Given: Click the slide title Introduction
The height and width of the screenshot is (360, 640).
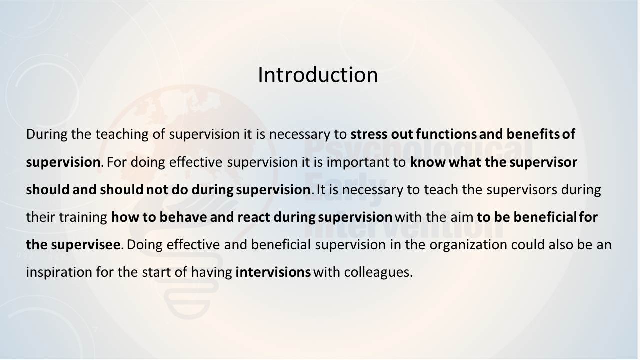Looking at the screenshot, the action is coord(318,75).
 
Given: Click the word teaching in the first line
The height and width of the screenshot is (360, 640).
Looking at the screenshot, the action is coord(122,134).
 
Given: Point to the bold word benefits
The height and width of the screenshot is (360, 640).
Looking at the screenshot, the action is coord(533,134).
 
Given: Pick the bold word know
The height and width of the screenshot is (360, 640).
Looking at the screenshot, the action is coord(427,162).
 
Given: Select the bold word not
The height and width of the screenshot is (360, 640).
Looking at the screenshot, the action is coord(157,190).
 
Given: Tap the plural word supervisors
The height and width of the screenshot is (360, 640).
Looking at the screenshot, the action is coord(521,190).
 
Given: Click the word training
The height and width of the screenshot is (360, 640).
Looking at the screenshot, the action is coord(83,217).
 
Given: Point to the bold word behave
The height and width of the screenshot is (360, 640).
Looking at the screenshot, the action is coord(183,217).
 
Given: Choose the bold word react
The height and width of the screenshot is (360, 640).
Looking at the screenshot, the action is coord(253,217).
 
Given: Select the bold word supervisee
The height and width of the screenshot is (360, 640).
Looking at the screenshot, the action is coord(85,245).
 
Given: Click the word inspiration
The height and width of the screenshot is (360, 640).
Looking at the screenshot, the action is coord(59,272).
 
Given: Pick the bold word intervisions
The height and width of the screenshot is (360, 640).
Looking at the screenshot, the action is coord(273,272).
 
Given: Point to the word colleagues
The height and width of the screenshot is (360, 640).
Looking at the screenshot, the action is coord(378,272).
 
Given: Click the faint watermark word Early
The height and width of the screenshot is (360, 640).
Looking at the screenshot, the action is coord(345,189).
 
